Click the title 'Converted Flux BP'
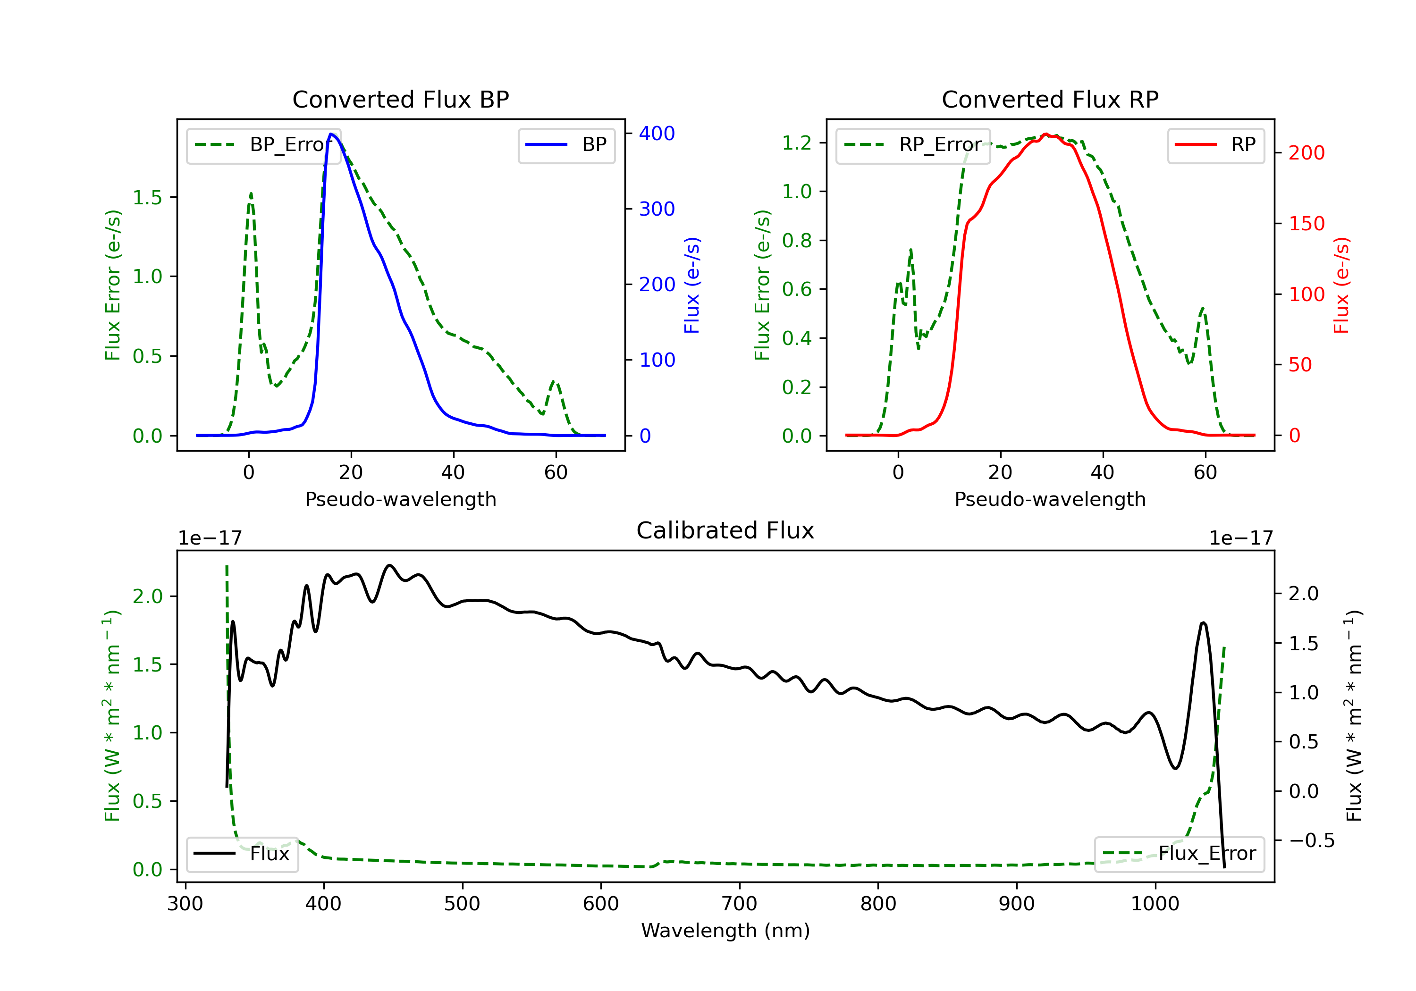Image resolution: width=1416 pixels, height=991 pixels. (x=400, y=99)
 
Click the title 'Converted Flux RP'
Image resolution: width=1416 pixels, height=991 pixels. (x=1050, y=99)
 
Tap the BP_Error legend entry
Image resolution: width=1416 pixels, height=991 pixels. (x=263, y=145)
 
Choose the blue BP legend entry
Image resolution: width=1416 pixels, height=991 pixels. (x=566, y=145)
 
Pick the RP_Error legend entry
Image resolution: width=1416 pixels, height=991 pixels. (x=913, y=145)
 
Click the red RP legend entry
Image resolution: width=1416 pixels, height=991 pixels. (x=1215, y=145)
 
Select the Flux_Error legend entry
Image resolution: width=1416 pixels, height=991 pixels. (x=1179, y=854)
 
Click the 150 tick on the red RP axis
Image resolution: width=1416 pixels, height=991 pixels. (x=1306, y=223)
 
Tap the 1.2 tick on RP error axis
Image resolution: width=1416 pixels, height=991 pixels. (x=797, y=143)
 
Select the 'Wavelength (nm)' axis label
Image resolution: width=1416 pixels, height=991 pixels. (x=725, y=931)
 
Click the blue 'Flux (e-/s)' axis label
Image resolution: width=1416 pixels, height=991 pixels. (x=692, y=285)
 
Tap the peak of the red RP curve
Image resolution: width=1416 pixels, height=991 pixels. (x=1046, y=134)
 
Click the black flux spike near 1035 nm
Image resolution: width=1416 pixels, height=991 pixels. (x=1203, y=623)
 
